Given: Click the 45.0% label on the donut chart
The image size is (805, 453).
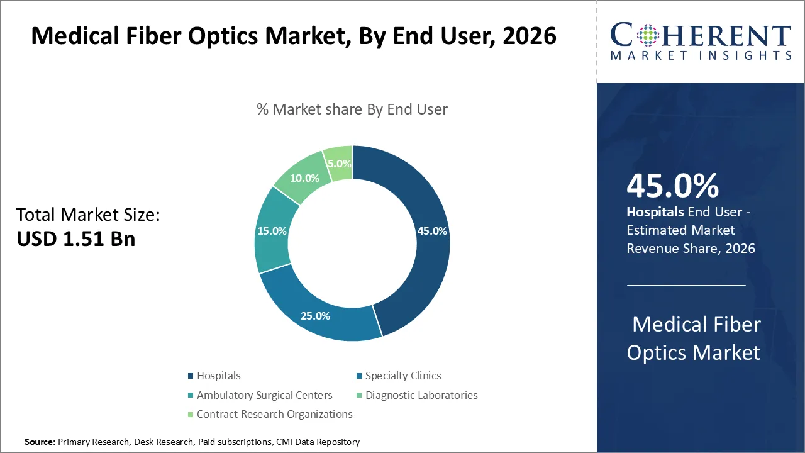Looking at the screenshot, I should (432, 231).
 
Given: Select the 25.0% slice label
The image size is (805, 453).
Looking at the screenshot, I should (315, 316).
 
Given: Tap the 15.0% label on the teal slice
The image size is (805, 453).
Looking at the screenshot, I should (272, 231).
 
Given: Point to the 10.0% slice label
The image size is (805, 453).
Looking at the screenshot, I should (304, 178).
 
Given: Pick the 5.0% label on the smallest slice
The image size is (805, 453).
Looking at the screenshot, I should (339, 164).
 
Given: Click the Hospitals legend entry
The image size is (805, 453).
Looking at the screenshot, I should (218, 376).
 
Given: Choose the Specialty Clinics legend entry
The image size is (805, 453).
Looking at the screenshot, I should (402, 376).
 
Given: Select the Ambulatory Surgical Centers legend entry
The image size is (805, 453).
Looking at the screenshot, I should (264, 395).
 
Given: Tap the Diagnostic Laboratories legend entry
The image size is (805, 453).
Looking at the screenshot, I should (421, 395).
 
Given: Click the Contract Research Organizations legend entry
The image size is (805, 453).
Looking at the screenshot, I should (274, 414).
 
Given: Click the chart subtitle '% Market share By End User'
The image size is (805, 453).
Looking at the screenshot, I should (352, 109).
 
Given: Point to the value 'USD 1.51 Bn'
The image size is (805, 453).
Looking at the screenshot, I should (75, 238).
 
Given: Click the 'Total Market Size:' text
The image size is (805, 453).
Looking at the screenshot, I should (88, 215).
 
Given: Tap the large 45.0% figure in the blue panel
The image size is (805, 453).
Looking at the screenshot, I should (672, 186).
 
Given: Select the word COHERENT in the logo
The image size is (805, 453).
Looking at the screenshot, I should (700, 35).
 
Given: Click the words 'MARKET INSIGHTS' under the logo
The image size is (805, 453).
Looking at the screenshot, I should (700, 55).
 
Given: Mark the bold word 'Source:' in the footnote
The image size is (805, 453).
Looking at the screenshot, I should (40, 442).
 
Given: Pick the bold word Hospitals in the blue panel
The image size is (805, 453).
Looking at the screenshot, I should (655, 212).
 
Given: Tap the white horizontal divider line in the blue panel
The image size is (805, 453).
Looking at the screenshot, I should (686, 285).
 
